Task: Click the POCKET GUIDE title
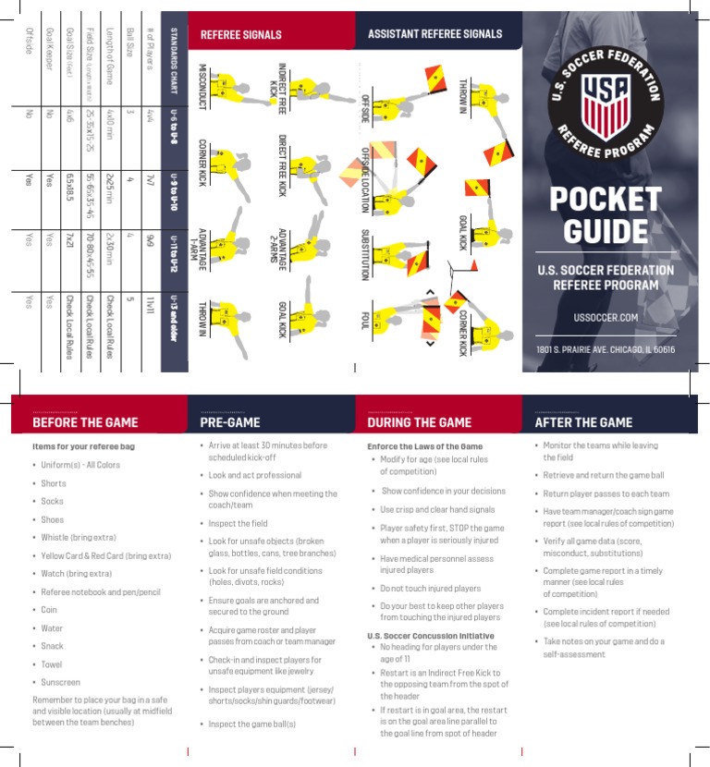(x=606, y=214)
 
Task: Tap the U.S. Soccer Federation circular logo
(x=606, y=103)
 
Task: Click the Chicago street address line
(x=606, y=349)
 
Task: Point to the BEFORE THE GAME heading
(x=85, y=422)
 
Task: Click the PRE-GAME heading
(x=230, y=422)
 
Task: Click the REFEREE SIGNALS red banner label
(x=241, y=35)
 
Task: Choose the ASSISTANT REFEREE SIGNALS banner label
(x=435, y=34)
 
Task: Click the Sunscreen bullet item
(x=61, y=682)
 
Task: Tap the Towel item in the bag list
(x=52, y=664)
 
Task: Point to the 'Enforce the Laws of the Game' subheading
(x=424, y=446)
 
